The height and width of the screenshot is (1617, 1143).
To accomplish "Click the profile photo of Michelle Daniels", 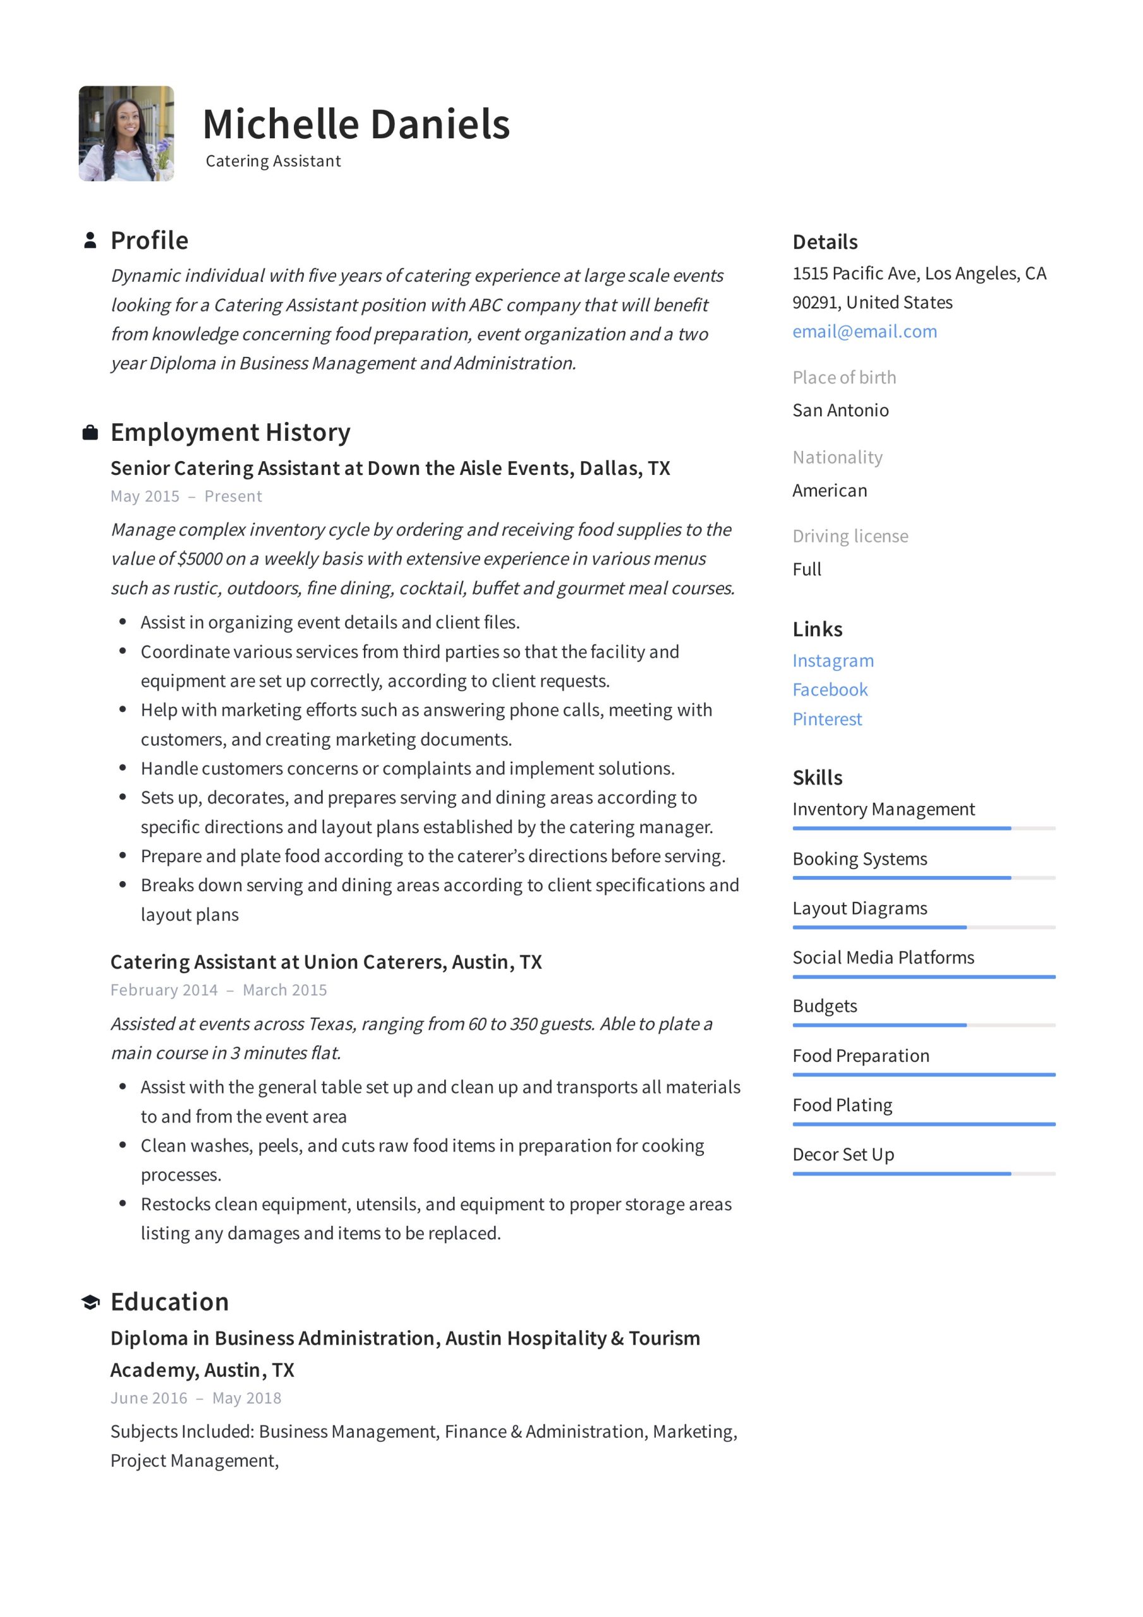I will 126,134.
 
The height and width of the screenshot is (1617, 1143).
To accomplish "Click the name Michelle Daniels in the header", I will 356,124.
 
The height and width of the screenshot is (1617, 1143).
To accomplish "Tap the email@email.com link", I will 864,332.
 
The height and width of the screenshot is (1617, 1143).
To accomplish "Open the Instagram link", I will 832,661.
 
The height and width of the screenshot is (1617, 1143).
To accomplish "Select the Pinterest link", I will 826,719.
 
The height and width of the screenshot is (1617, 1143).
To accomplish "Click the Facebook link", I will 830,690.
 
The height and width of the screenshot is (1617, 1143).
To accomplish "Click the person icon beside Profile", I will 90,241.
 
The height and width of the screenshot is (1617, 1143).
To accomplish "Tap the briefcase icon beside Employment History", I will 90,433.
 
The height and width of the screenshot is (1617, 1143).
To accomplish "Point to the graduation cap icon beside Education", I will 90,1302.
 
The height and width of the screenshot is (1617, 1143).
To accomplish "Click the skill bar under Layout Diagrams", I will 923,927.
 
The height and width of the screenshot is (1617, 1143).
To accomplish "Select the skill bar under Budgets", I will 923,1025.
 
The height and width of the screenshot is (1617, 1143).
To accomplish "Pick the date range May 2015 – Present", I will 186,496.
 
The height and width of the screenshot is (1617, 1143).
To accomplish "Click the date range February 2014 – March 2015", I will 219,990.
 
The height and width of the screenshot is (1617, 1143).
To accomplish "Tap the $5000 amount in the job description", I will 200,559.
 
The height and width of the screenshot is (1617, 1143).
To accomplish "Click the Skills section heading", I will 817,778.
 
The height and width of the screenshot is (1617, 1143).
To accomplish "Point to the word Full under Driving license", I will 806,569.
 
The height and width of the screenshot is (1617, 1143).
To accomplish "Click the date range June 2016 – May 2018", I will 195,1398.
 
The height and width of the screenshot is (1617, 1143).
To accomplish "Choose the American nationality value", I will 830,490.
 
